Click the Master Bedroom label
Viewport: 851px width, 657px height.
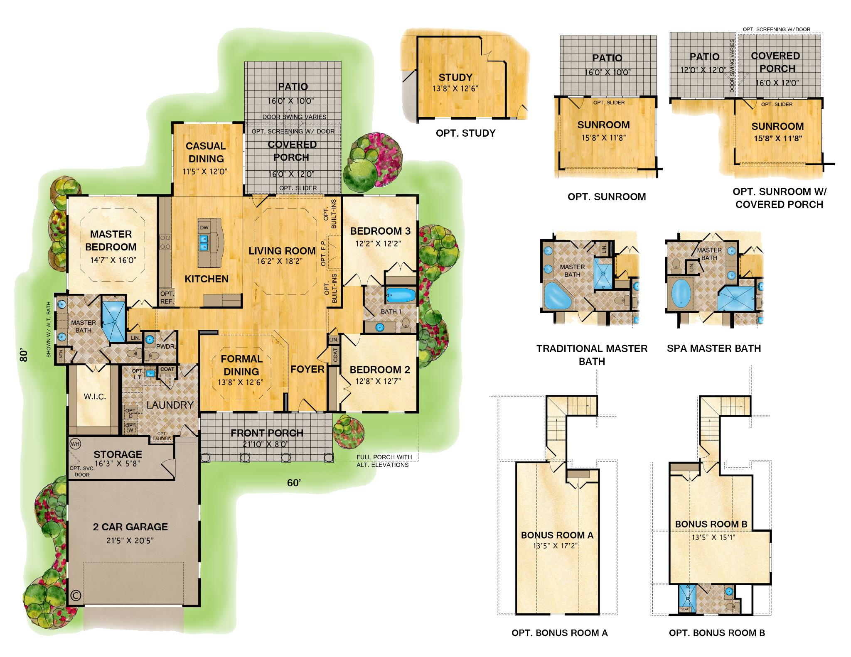(111, 240)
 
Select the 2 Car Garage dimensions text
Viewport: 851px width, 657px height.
(130, 541)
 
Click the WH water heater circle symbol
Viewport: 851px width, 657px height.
(75, 444)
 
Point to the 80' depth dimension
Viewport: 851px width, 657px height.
(24, 355)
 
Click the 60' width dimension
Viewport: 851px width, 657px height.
(294, 483)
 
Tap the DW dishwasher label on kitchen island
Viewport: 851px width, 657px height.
(204, 228)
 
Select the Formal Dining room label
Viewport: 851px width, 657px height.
(241, 365)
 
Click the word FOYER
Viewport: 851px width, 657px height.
(307, 369)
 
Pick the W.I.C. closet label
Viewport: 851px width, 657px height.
(95, 397)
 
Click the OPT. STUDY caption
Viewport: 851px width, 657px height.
(465, 133)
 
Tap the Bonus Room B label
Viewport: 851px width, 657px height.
(711, 524)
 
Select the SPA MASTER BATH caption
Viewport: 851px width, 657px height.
(713, 348)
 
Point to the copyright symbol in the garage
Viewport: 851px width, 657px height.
(76, 596)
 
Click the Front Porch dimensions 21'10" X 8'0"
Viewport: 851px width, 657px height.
(266, 444)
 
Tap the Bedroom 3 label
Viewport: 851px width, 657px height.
(380, 231)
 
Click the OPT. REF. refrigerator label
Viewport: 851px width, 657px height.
(167, 297)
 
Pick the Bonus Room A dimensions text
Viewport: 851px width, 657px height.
(556, 546)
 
